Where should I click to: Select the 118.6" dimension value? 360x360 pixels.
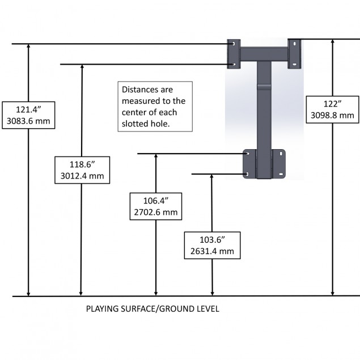82,165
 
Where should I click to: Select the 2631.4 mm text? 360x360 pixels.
211,250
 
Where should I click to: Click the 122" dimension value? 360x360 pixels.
332,104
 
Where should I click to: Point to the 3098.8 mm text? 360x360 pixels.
332,115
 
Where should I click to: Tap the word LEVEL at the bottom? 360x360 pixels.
207,310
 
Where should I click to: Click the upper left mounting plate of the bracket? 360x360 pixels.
234,53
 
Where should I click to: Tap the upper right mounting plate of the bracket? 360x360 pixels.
295,54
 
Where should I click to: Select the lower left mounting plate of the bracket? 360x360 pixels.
249,163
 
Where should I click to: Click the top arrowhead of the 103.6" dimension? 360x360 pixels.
211,177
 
